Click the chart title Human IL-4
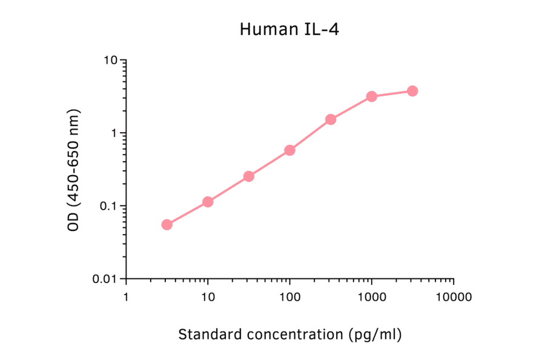(x=289, y=29)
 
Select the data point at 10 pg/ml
(x=208, y=201)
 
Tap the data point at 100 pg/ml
(x=289, y=150)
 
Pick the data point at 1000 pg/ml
(x=372, y=96)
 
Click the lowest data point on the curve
(x=167, y=224)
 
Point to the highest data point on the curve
(x=412, y=91)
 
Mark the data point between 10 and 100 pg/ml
(x=249, y=176)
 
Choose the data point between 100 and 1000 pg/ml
(x=331, y=119)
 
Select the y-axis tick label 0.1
(x=108, y=206)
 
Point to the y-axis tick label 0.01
(x=105, y=279)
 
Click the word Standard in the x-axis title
(x=206, y=334)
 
